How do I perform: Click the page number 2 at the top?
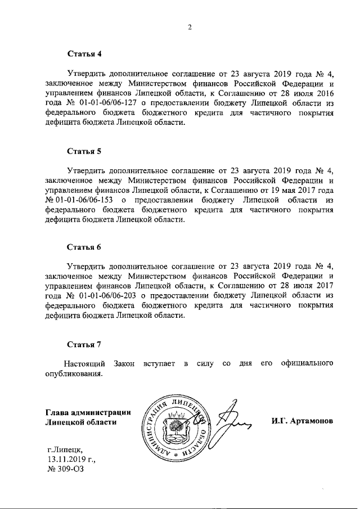[x=190, y=26]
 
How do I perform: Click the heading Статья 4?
[x=84, y=55]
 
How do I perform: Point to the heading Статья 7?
[x=84, y=344]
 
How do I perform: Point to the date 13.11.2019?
[x=67, y=460]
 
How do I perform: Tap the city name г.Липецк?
[x=65, y=450]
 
